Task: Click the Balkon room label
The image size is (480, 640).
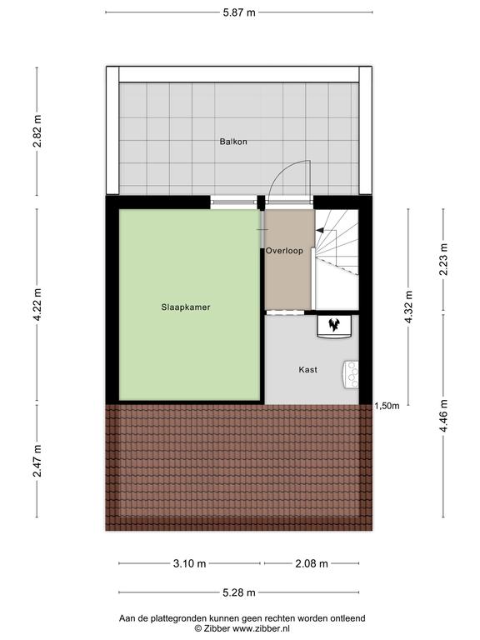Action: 233,142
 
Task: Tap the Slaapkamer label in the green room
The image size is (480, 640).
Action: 186,307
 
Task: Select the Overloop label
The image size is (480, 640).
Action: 284,251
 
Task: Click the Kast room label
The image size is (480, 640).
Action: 307,369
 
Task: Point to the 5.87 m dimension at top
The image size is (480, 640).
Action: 239,12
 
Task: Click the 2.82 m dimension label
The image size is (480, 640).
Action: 37,131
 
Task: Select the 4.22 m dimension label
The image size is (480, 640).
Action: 37,304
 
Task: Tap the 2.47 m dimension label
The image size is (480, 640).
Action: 37,461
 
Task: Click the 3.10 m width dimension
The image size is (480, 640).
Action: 189,563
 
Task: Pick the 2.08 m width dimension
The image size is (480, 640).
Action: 312,563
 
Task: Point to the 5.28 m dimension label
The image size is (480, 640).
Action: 239,592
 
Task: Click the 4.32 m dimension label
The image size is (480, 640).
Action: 408,307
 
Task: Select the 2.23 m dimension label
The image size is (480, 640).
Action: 443,259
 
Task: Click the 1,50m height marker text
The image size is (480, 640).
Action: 387,406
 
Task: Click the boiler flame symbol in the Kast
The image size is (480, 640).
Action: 335,324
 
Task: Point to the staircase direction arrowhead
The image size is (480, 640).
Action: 320,231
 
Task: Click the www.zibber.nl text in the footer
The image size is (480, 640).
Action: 261,628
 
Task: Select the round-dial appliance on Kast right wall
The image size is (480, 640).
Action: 351,374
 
